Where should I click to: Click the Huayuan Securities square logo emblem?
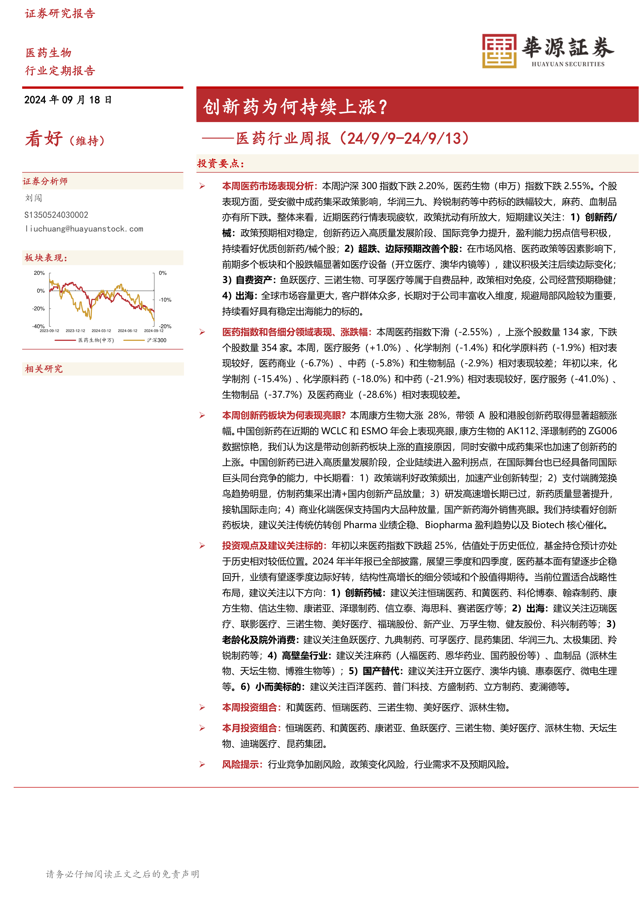click(499, 51)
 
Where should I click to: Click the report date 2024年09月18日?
click(68, 100)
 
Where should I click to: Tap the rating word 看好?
click(44, 139)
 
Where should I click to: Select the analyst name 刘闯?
click(34, 198)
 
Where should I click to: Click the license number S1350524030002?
click(56, 215)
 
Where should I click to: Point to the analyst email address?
click(84, 229)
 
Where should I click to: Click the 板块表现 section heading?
click(46, 258)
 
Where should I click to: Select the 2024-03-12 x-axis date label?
click(101, 331)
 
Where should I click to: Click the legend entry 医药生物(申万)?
click(96, 340)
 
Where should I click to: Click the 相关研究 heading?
click(44, 369)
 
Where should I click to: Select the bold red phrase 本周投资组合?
click(251, 708)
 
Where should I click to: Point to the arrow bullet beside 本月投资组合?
click(202, 729)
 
